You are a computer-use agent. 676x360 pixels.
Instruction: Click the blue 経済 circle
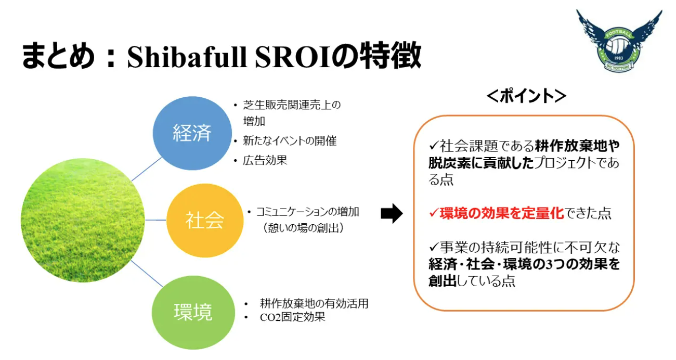point(192,133)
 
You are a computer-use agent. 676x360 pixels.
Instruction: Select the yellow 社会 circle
point(205,221)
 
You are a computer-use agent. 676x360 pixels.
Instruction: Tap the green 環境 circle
point(193,313)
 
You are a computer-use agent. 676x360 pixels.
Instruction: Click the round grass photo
point(83,221)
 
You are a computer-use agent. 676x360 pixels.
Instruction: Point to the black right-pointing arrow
point(392,213)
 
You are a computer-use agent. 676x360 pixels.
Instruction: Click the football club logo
point(619,41)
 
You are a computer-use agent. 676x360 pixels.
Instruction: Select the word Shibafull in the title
point(187,56)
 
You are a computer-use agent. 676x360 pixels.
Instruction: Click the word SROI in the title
point(292,56)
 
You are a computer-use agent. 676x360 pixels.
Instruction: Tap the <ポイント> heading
point(526,96)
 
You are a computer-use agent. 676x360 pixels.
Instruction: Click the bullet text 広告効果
point(265,160)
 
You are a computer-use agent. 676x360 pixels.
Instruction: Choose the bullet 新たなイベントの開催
point(290,141)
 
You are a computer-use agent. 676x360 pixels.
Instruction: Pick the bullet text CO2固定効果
point(292,317)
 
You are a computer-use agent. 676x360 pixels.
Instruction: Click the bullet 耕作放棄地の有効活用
point(314,303)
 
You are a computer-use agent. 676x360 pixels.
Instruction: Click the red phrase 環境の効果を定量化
point(502,213)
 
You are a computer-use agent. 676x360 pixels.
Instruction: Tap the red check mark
point(434,213)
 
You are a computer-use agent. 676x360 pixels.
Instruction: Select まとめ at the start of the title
point(58,56)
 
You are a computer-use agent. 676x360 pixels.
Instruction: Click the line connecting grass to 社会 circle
point(155,220)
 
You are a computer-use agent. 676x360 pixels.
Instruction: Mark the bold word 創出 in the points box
point(443,281)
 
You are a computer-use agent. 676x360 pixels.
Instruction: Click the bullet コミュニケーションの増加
point(307,212)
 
